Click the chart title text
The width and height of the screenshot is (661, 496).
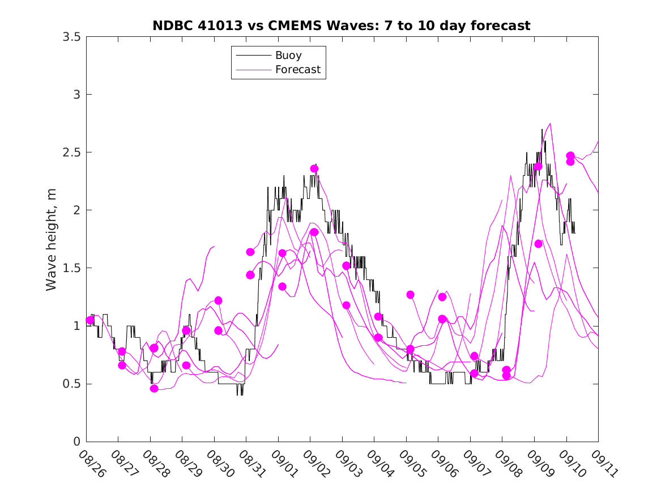pos(341,26)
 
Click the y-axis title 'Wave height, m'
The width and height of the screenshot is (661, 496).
pos(52,239)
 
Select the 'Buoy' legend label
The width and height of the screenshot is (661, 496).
pos(288,56)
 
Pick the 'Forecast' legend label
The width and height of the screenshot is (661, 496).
pos(297,70)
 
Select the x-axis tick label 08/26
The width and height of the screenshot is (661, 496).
pos(92,463)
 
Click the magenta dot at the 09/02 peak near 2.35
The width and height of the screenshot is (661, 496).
pos(314,168)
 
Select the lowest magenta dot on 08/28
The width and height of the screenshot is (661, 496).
pos(154,388)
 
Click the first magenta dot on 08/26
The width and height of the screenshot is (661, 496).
pos(90,320)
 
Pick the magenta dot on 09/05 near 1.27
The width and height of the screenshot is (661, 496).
pos(411,295)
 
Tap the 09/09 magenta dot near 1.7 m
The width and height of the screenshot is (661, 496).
pos(539,244)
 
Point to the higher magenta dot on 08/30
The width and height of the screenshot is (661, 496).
pos(219,300)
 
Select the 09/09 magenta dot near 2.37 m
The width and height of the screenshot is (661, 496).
pos(538,166)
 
